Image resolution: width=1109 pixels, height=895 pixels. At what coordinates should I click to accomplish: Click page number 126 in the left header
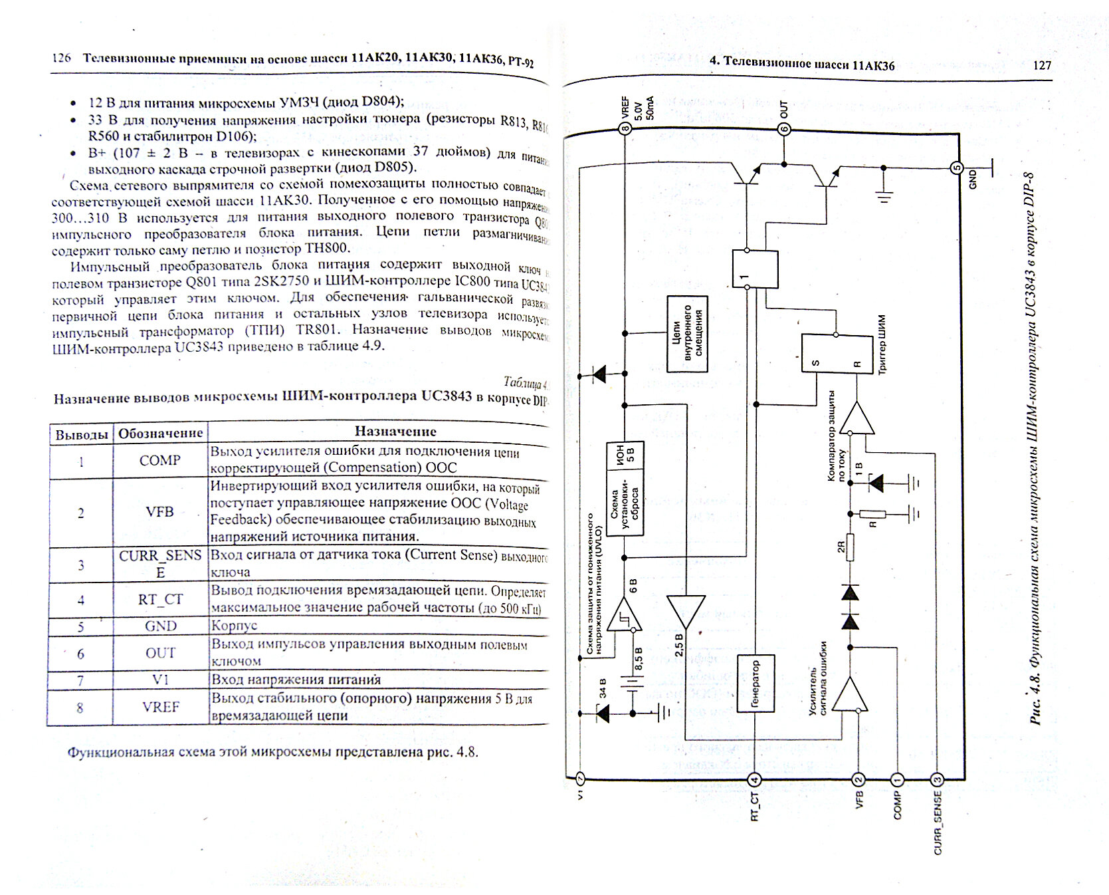pyautogui.click(x=62, y=58)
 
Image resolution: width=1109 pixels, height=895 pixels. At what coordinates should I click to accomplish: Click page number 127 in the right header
pyautogui.click(x=1042, y=65)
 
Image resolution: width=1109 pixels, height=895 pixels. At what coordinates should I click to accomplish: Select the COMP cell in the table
pyautogui.click(x=159, y=460)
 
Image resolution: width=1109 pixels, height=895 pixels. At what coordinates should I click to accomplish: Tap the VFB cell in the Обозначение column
pyautogui.click(x=159, y=512)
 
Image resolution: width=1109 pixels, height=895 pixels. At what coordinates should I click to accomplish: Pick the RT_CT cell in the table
pyautogui.click(x=159, y=599)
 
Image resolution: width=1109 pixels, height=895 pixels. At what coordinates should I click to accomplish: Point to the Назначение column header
pyautogui.click(x=395, y=432)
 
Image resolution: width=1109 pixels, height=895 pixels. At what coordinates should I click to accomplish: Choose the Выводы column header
pyautogui.click(x=81, y=435)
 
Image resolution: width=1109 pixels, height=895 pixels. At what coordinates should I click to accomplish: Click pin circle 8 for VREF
pyautogui.click(x=625, y=128)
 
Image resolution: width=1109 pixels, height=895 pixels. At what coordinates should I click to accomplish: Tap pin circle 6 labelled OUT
pyautogui.click(x=784, y=129)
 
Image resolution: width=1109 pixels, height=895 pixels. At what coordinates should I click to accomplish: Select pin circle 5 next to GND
pyautogui.click(x=957, y=168)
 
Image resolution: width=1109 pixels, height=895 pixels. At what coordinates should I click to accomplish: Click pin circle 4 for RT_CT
pyautogui.click(x=754, y=779)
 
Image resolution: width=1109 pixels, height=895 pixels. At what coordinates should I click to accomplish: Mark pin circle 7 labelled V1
pyautogui.click(x=580, y=778)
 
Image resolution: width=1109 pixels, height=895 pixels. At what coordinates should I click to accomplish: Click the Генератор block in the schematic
pyautogui.click(x=756, y=684)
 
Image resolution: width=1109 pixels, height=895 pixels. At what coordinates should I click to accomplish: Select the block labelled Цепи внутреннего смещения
pyautogui.click(x=687, y=334)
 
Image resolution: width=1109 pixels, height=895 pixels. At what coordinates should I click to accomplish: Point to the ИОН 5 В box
pyautogui.click(x=625, y=456)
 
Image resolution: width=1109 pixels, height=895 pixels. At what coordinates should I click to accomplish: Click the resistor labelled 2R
pyautogui.click(x=850, y=548)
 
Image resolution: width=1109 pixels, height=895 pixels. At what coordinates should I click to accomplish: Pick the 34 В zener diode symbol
pyautogui.click(x=603, y=713)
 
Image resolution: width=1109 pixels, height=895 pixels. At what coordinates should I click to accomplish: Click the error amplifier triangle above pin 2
pyautogui.click(x=851, y=694)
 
